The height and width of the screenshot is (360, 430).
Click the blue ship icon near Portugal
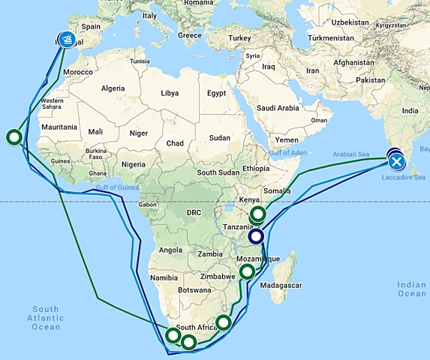pos(68,38)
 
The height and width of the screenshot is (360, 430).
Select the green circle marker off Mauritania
pos(13,136)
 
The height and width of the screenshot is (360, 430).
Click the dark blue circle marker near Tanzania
pos(256,237)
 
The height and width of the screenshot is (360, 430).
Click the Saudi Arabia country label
pos(278,108)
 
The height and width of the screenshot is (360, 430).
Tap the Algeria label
pos(113,88)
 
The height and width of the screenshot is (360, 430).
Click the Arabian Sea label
pos(353,154)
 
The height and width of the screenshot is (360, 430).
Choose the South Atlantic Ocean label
pos(46,318)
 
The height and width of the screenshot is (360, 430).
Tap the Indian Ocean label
pos(412,289)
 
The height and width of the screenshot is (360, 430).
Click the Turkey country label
pos(240,37)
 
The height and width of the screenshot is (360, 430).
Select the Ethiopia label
pos(244,169)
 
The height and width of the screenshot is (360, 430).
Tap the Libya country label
pos(170,93)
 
